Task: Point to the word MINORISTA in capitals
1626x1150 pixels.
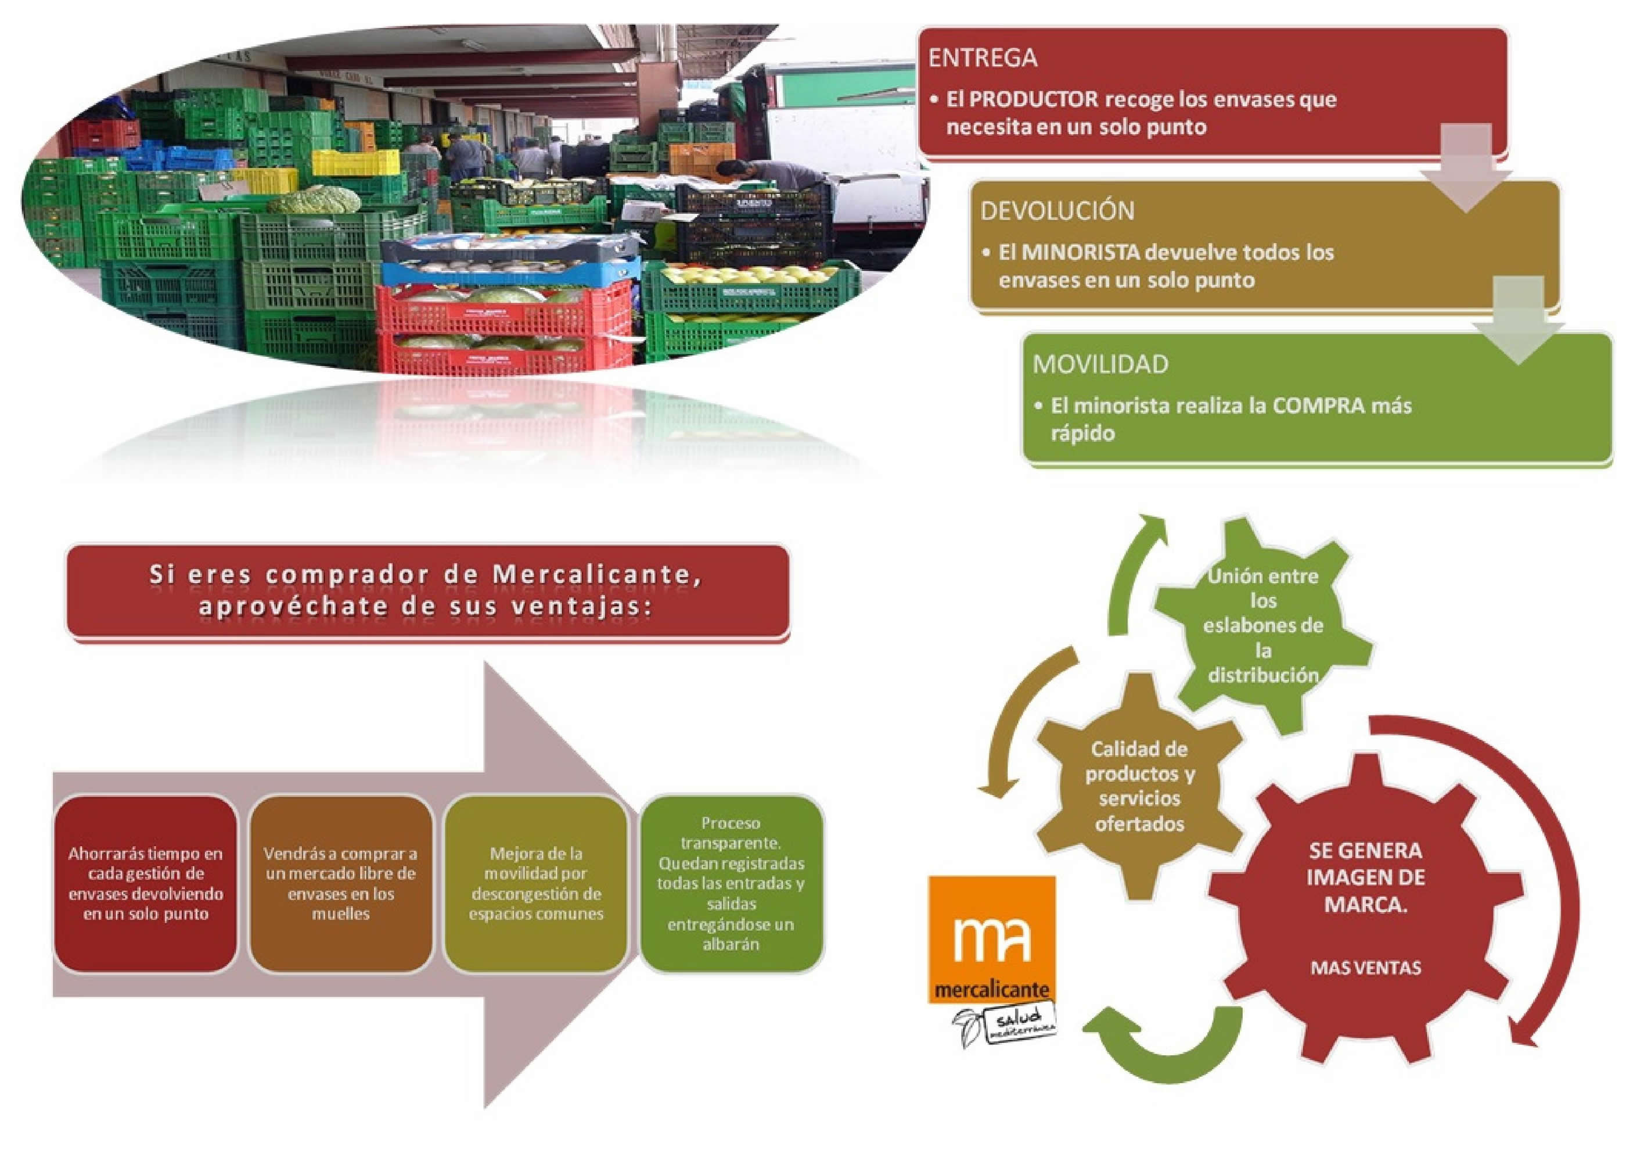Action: coord(1069,253)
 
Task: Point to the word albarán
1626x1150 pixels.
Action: coord(731,944)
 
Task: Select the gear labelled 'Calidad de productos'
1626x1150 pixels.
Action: coord(1139,786)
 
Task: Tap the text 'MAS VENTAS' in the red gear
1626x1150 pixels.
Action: coord(1365,968)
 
